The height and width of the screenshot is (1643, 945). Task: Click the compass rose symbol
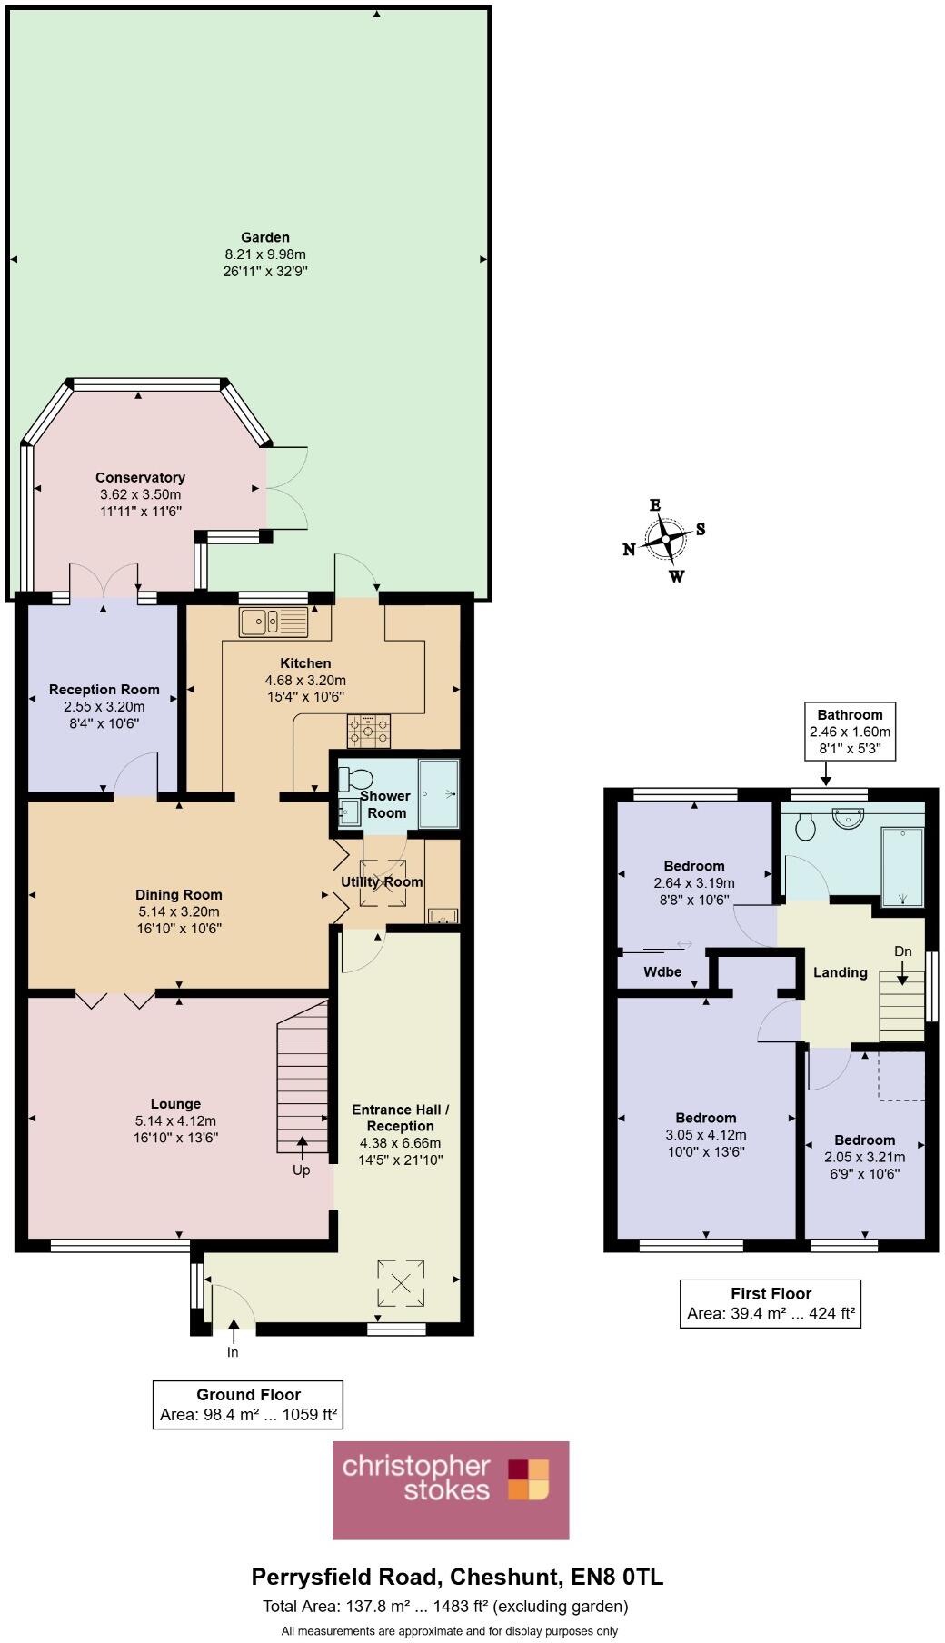(666, 540)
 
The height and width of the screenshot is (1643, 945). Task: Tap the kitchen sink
(274, 622)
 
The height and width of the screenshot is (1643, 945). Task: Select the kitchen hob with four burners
(368, 730)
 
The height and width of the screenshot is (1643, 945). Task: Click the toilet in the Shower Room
(354, 779)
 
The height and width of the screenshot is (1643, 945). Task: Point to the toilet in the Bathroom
(804, 826)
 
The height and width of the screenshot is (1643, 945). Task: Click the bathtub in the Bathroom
(902, 866)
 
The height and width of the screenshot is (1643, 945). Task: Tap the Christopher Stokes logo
(451, 1489)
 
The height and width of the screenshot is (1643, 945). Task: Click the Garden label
(264, 237)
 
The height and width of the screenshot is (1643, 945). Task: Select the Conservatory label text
(141, 477)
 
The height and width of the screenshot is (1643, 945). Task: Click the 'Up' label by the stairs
(301, 1170)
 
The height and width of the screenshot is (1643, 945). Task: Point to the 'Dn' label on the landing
(902, 951)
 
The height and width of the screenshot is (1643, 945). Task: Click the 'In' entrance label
(233, 1351)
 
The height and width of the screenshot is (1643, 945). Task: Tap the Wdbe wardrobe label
(662, 971)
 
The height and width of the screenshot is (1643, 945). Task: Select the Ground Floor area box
(248, 1404)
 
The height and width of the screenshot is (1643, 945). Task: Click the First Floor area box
(771, 1303)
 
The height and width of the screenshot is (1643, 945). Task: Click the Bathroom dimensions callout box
(850, 731)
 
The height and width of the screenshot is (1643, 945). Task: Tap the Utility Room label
(382, 881)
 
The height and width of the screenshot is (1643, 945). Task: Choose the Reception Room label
(104, 690)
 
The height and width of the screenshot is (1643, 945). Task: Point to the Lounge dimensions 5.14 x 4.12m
(175, 1120)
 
